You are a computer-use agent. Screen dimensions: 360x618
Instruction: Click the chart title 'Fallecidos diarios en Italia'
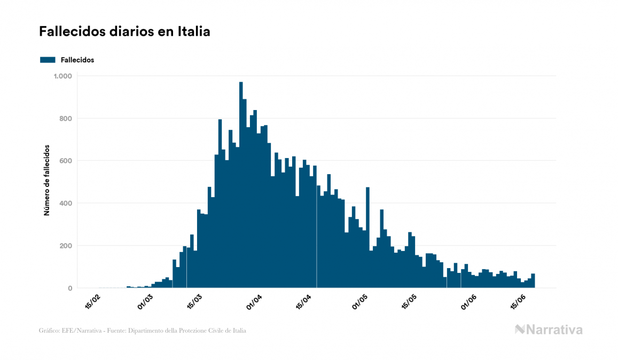tap(124, 32)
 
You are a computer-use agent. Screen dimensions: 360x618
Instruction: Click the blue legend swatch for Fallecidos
tap(48, 60)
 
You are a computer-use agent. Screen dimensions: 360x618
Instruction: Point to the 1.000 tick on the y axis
tap(62, 76)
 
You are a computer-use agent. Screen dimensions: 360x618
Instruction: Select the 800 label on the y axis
tap(66, 119)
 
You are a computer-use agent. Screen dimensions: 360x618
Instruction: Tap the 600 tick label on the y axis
tap(66, 161)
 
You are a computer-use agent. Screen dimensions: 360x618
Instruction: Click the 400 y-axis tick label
tap(66, 204)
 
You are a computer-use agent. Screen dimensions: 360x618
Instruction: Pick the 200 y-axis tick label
tap(66, 246)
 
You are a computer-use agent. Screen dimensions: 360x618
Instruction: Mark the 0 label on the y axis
tap(69, 288)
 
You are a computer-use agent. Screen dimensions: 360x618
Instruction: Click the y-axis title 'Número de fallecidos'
tap(46, 180)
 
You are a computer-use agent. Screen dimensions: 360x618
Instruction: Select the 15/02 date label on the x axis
tap(93, 301)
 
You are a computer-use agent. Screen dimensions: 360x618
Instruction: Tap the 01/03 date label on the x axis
tap(145, 301)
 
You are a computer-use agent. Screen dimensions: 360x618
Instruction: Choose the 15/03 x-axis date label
tap(195, 301)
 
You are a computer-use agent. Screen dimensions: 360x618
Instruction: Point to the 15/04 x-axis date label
tap(304, 301)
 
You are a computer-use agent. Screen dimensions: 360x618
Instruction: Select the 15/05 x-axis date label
tap(410, 301)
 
